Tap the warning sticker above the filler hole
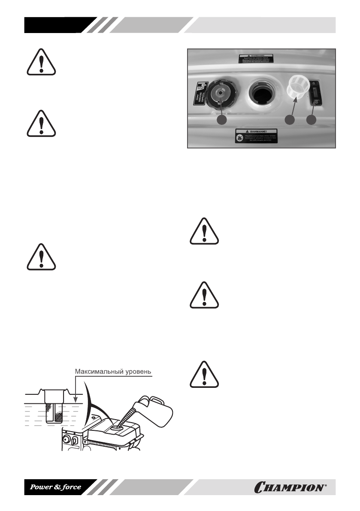coord(261,59)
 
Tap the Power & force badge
coord(55,487)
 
